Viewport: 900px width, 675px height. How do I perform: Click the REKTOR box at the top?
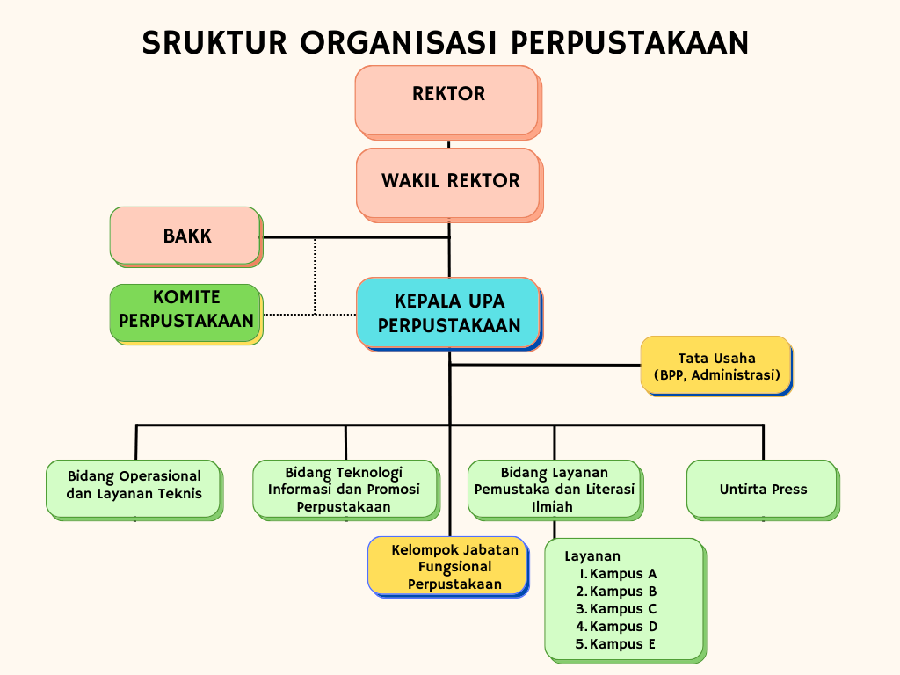pos(448,102)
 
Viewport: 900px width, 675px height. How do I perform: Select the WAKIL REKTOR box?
pos(449,185)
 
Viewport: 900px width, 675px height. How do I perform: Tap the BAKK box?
pos(186,236)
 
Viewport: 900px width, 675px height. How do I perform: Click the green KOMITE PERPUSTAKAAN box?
pos(186,314)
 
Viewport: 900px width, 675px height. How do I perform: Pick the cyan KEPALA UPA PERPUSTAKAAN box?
pos(449,314)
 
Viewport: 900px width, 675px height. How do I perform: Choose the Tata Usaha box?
pos(717,367)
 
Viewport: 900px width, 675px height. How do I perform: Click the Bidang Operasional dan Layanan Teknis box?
pos(134,490)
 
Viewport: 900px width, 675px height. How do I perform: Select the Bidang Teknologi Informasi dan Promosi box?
pos(346,490)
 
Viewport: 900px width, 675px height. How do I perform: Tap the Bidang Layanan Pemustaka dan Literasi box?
pos(555,490)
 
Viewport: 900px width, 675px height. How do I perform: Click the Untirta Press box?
pos(764,490)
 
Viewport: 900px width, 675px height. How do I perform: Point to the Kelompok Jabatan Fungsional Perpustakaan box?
pos(448,567)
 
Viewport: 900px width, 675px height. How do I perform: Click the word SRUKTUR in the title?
pos(214,43)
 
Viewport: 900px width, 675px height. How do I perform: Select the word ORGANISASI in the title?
pos(398,43)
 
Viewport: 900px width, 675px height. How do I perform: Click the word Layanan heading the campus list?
pos(592,556)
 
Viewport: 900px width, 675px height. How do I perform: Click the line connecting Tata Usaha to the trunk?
pos(545,365)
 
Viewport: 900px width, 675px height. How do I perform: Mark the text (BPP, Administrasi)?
pos(717,375)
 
